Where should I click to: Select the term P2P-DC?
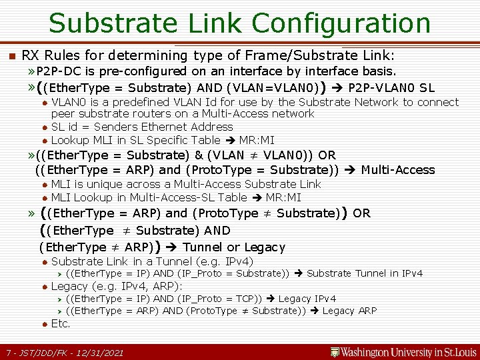pos(58,71)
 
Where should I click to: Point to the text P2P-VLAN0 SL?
pos(392,87)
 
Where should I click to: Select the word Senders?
pos(123,127)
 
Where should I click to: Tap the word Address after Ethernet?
pos(213,127)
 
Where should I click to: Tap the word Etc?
pos(61,323)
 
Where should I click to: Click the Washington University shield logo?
pos(335,351)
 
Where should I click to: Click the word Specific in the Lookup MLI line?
pos(197,140)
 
